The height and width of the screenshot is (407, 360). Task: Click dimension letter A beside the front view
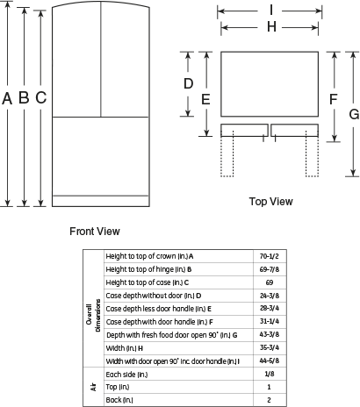(x=7, y=98)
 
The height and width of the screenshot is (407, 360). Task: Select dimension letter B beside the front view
(x=24, y=97)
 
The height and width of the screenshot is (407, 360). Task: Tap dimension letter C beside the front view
(x=41, y=97)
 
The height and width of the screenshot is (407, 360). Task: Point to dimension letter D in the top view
(x=188, y=83)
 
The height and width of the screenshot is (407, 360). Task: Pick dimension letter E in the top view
(x=205, y=99)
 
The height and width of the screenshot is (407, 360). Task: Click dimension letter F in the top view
(x=334, y=99)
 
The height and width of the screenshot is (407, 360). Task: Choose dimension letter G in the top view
(x=354, y=114)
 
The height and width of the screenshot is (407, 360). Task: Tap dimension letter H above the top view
(x=271, y=27)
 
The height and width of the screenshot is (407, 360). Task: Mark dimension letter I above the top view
(x=271, y=11)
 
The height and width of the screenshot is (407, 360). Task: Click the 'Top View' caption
(x=271, y=202)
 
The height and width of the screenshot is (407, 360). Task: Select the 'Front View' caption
(x=95, y=232)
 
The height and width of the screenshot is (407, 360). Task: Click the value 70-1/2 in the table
(x=270, y=256)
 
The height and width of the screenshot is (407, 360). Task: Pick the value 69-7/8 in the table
(x=270, y=269)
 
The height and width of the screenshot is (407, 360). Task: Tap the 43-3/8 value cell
(x=270, y=334)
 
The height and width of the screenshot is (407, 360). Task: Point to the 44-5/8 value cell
(x=270, y=361)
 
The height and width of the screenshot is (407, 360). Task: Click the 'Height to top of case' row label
(x=148, y=282)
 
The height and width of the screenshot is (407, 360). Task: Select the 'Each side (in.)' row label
(x=126, y=375)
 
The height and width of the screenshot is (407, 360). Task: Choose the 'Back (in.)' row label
(x=119, y=400)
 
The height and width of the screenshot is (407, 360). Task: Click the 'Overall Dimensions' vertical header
(x=93, y=316)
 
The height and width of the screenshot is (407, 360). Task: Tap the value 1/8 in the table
(x=270, y=374)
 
